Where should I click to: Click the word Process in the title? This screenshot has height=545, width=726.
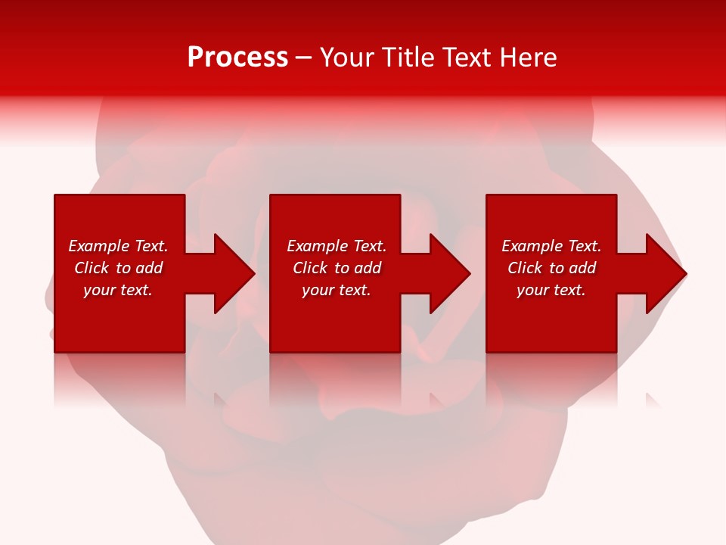pyautogui.click(x=237, y=58)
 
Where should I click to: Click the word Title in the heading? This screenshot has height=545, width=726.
pyautogui.click(x=407, y=58)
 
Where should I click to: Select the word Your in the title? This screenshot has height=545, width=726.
pyautogui.click(x=348, y=58)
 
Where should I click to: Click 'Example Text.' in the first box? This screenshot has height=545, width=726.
pyautogui.click(x=118, y=246)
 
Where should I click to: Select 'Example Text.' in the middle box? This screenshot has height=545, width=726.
pyautogui.click(x=337, y=246)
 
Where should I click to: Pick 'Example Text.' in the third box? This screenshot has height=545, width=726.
pyautogui.click(x=551, y=246)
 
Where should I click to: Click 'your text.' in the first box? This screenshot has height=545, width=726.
pyautogui.click(x=118, y=290)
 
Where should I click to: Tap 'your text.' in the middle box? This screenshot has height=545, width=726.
pyautogui.click(x=337, y=290)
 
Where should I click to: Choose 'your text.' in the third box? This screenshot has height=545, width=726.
pyautogui.click(x=551, y=290)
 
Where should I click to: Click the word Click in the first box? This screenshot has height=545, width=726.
pyautogui.click(x=92, y=268)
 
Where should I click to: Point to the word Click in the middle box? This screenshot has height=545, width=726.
pyautogui.click(x=310, y=268)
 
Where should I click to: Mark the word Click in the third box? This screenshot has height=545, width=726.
pyautogui.click(x=525, y=268)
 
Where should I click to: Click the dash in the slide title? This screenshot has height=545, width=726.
pyautogui.click(x=303, y=58)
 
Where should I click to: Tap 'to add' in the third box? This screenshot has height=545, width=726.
pyautogui.click(x=577, y=268)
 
